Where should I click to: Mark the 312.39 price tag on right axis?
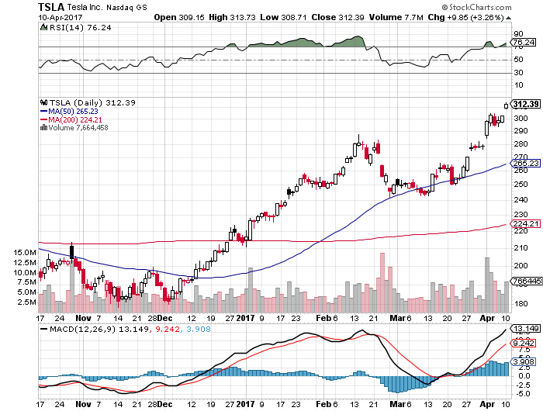(x=526, y=104)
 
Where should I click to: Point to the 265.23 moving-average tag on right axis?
(x=525, y=164)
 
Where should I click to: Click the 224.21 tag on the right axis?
(x=525, y=224)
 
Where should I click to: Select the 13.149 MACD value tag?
(x=525, y=329)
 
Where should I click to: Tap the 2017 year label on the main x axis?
(x=245, y=316)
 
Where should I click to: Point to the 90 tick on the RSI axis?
(x=517, y=33)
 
